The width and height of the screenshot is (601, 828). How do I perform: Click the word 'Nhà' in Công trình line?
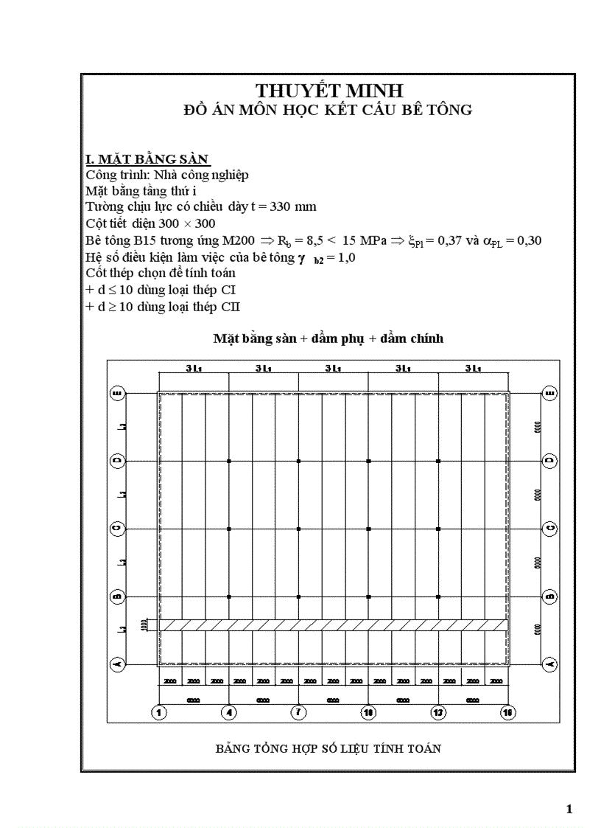tap(164, 175)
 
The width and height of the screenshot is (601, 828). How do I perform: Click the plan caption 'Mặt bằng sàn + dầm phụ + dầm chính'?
tap(328, 338)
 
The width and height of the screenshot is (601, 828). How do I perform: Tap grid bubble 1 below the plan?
tap(158, 712)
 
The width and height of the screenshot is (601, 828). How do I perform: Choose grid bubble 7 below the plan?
tap(298, 712)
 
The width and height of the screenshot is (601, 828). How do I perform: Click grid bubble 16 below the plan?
tap(507, 712)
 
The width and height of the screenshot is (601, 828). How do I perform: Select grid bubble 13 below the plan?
tap(438, 712)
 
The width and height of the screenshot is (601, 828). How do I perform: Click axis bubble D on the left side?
tap(116, 461)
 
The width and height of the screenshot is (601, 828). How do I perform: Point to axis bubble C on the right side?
tap(549, 529)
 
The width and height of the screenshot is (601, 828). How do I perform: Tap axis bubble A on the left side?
tap(116, 664)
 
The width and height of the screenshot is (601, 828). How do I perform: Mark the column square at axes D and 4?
tap(229, 461)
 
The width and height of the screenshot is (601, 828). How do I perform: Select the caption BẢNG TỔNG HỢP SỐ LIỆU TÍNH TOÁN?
tap(328, 749)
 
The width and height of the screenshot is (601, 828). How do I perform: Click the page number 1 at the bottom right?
tap(569, 810)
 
